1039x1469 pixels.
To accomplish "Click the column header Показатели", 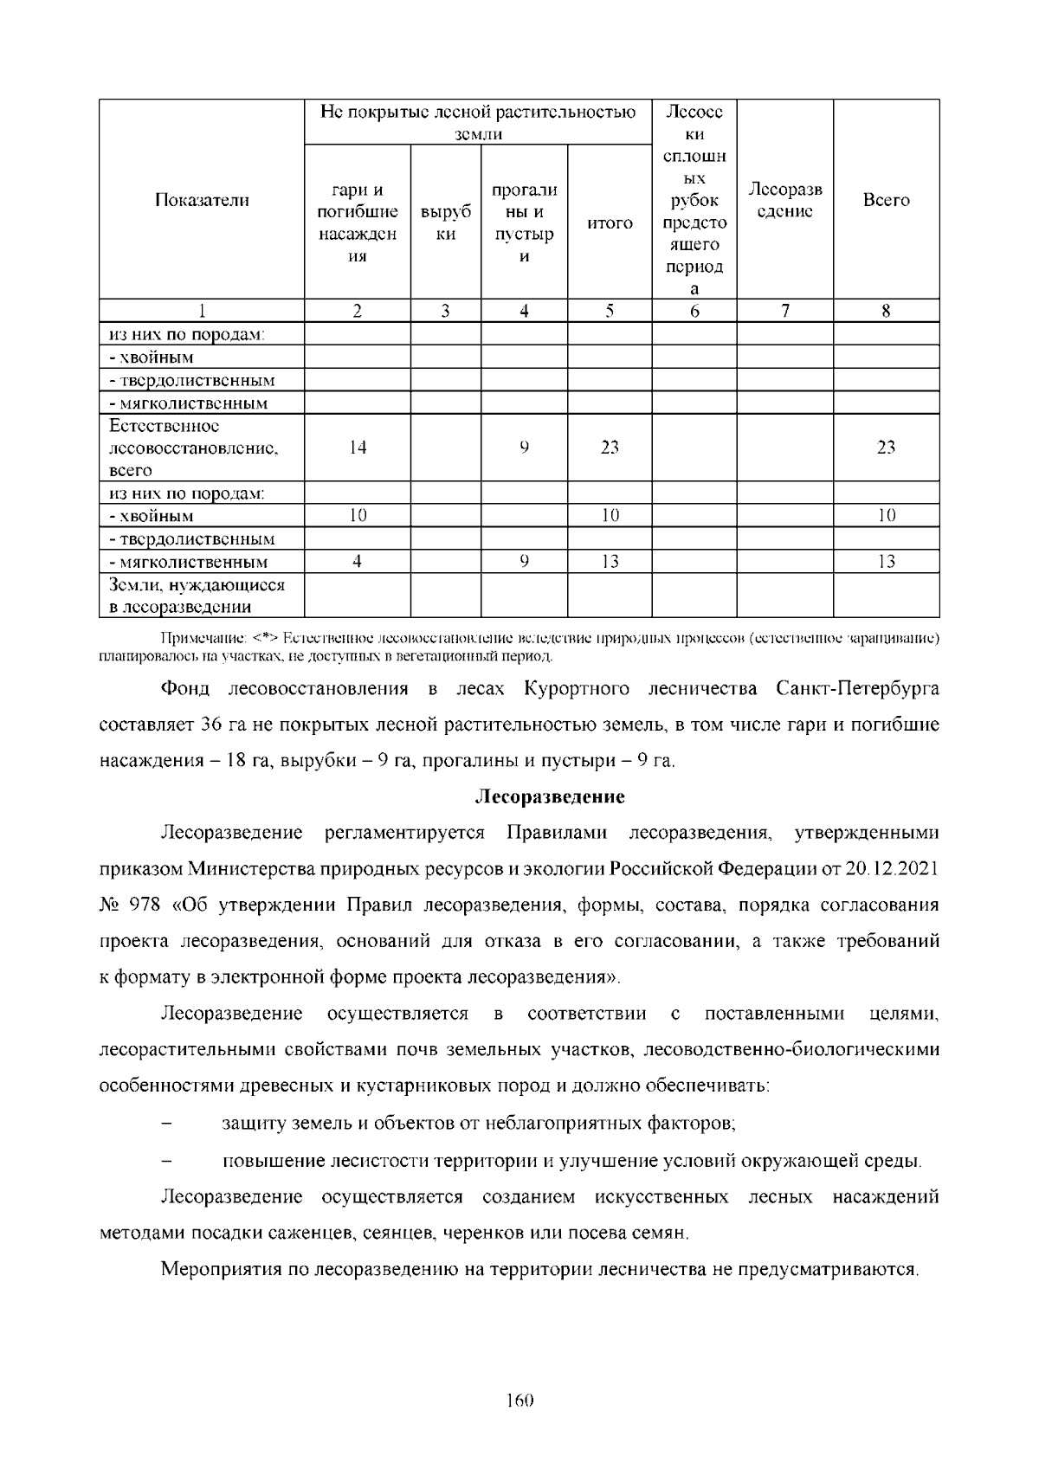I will click(x=202, y=201).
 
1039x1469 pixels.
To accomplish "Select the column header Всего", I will click(x=886, y=201).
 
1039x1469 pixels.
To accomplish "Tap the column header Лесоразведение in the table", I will click(x=784, y=201).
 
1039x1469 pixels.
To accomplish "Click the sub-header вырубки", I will click(x=445, y=223).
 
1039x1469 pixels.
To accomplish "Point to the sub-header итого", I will click(x=610, y=223).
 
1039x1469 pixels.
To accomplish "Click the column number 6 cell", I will click(x=694, y=312).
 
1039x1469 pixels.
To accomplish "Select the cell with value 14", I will click(x=357, y=448).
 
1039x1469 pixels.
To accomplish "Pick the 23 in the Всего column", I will click(x=886, y=448).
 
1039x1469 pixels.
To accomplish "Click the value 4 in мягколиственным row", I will click(x=357, y=562).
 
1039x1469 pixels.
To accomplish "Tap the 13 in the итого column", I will click(x=610, y=562).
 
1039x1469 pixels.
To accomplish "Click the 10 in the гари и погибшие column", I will click(x=357, y=516).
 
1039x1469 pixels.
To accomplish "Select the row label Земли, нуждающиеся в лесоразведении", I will click(x=197, y=596).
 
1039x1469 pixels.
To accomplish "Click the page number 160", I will click(x=519, y=1401).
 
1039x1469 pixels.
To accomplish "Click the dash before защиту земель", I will click(x=168, y=1124).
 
